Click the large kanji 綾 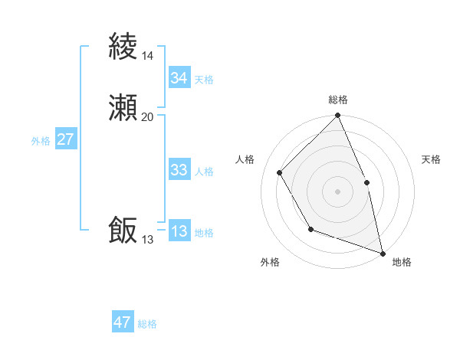[123, 47]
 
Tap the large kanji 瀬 [123, 109]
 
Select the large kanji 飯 [123, 231]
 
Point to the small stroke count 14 [147, 56]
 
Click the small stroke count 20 [147, 117]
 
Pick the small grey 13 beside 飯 [147, 240]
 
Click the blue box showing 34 [179, 78]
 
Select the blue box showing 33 [179, 170]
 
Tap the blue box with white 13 [179, 231]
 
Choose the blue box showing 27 [66, 139]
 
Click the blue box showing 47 [123, 322]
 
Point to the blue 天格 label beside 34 [204, 80]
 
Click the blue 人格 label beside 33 [204, 172]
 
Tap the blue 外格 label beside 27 [41, 141]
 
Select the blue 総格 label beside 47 [147, 324]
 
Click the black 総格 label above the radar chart [338, 100]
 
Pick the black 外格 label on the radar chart [270, 263]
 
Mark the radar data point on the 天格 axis [366, 182]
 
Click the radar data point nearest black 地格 [383, 253]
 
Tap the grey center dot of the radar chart [337, 191]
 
